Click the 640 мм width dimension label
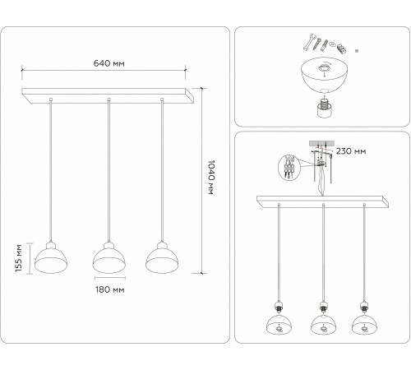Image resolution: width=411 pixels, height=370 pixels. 109,63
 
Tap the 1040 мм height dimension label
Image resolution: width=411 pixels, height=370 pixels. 210,178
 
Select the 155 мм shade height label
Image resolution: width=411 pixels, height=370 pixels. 19,258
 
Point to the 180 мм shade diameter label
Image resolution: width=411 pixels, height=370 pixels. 110,289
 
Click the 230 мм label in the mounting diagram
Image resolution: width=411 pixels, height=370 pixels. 351,151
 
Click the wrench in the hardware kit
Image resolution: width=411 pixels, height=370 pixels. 308,42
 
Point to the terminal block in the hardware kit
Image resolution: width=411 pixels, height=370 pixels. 341,49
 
